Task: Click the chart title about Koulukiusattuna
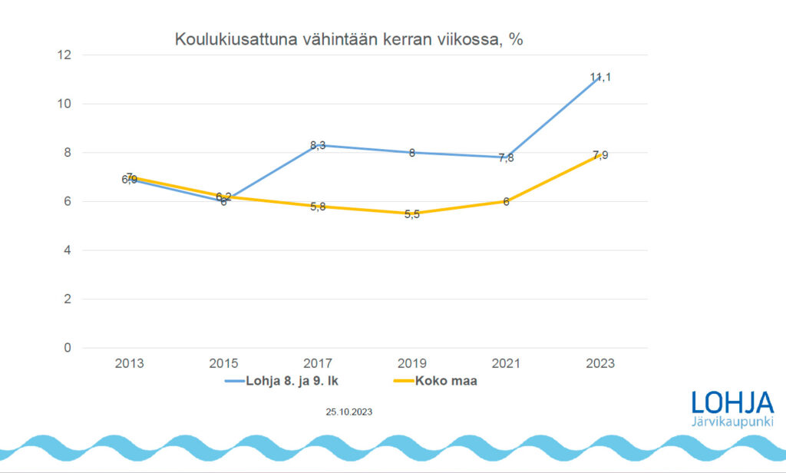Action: (348, 39)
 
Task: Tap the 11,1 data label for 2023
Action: (600, 78)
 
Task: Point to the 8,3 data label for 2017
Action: (318, 145)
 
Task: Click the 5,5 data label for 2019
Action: (411, 214)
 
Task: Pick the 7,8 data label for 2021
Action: (507, 158)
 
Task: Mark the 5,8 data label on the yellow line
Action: (318, 207)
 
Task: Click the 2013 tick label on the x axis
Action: (129, 363)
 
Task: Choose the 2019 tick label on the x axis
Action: (411, 363)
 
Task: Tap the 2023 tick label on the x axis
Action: (600, 363)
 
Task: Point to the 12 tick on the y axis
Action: (63, 55)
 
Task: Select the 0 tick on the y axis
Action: (67, 348)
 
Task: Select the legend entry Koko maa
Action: (446, 381)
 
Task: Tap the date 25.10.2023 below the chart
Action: (349, 412)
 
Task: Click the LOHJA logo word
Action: (732, 403)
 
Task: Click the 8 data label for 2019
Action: (412, 153)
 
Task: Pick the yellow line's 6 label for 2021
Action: (507, 202)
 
